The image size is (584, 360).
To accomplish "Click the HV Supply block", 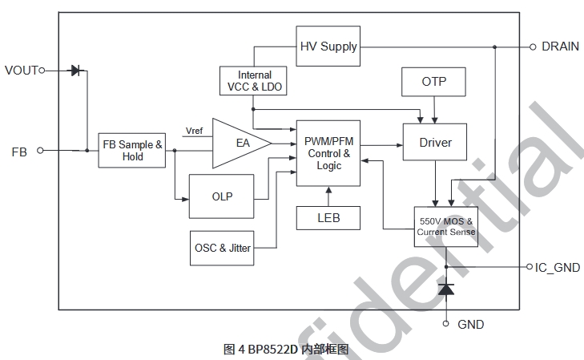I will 328,47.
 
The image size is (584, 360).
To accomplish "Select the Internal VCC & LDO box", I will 254,81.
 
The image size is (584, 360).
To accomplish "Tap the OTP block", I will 433,82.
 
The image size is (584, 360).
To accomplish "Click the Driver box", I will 435,143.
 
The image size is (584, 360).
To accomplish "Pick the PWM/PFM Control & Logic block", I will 328,153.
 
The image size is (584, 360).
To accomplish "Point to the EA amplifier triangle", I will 240,144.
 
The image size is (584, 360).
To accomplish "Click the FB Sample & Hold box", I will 133,151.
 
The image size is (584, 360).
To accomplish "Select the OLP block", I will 222,196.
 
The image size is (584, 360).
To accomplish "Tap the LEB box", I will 328,217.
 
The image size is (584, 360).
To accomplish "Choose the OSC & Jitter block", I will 222,248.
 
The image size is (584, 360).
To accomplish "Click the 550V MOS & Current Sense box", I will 445,227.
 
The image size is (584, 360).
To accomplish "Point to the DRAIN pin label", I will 560,47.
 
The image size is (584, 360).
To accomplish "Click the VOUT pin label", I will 22,71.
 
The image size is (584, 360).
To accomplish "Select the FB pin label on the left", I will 19,150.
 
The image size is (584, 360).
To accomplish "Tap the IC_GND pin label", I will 558,268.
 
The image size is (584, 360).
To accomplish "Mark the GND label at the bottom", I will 470,325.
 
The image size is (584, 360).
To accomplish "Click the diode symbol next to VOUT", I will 76,71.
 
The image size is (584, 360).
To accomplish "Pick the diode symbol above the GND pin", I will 446,289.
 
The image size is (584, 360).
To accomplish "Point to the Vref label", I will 194,130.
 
